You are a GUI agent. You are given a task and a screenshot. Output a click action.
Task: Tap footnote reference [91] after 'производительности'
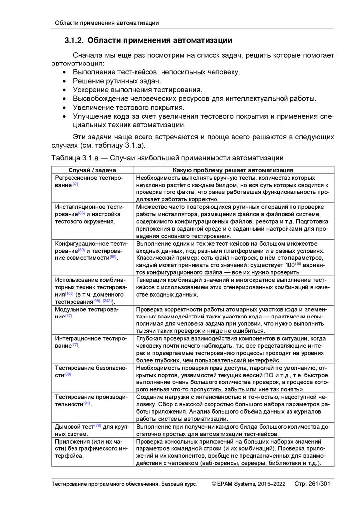(x=86, y=404)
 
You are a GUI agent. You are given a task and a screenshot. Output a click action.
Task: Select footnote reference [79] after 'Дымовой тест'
(x=98, y=426)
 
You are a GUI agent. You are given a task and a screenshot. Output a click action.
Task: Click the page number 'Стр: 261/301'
(x=312, y=484)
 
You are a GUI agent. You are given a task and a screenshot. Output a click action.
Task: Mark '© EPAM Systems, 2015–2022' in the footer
(x=248, y=484)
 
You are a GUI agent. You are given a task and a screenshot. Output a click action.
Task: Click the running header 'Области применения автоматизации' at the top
(x=106, y=23)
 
